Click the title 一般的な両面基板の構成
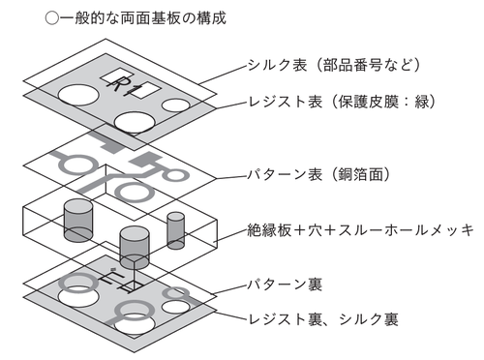(x=143, y=18)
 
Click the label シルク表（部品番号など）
(x=334, y=65)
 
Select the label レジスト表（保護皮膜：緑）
(x=342, y=102)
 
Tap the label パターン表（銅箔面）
(x=318, y=174)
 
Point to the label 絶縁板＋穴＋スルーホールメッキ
(x=360, y=230)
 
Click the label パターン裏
(x=285, y=285)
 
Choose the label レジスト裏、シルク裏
(x=323, y=319)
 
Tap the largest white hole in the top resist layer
(x=78, y=96)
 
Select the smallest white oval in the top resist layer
(x=176, y=105)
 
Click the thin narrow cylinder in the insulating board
(x=176, y=230)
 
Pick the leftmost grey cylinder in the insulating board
(x=78, y=220)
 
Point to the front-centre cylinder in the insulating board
(x=135, y=248)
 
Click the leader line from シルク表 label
(x=224, y=75)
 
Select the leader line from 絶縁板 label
(x=231, y=235)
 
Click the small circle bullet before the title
(x=51, y=18)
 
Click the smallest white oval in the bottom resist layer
(x=176, y=307)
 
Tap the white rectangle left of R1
(x=111, y=76)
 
